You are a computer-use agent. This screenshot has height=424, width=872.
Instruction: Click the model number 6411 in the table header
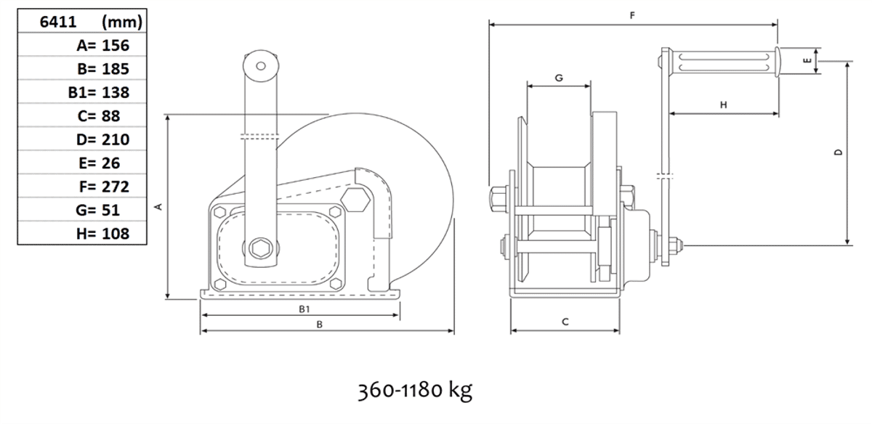58,22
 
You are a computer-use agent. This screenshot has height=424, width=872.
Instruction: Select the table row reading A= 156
102,46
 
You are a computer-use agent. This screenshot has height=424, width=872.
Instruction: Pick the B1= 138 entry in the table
99,93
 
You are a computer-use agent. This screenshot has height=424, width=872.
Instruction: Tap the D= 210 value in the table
102,139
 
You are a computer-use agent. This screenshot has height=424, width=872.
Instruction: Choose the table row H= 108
102,234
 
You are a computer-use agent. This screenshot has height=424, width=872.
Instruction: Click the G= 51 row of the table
97,210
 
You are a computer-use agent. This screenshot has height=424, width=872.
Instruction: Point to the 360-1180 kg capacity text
415,390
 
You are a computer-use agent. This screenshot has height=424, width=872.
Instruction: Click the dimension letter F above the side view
632,15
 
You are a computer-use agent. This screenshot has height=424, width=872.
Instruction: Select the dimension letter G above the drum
559,78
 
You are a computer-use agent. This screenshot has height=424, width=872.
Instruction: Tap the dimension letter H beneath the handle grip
723,105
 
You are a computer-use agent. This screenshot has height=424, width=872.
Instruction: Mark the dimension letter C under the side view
565,322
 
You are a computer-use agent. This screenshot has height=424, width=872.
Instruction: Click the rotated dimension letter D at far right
838,152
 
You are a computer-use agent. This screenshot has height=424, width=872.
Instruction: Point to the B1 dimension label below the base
304,309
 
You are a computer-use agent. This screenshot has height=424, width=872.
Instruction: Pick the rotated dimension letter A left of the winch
158,206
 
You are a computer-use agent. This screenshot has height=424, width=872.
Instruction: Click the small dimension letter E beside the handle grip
807,60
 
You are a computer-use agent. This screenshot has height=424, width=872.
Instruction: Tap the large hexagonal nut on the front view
355,200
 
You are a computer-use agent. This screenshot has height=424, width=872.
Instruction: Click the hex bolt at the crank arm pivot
260,248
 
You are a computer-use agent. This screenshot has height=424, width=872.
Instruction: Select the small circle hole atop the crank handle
261,66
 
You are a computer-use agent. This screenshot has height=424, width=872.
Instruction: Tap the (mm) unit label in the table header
122,22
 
